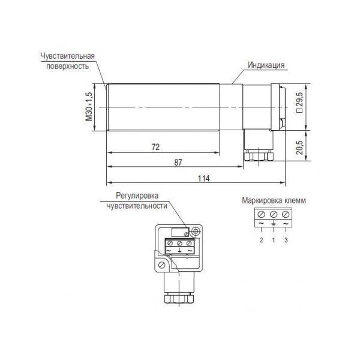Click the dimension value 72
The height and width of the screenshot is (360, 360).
pos(155,147)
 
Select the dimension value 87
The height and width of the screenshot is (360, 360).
pos(178,163)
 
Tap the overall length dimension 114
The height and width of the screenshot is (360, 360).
pos(203,178)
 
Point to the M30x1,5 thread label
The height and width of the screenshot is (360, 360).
pos(89,107)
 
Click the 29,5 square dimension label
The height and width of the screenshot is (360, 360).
pos(301,102)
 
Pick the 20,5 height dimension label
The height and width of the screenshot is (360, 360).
pos(299,147)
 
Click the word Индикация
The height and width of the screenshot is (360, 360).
pos(266,65)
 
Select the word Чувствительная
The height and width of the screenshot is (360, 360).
pos(67,56)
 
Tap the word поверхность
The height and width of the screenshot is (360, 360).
pos(67,67)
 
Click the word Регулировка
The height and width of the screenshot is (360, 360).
pos(137,196)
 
